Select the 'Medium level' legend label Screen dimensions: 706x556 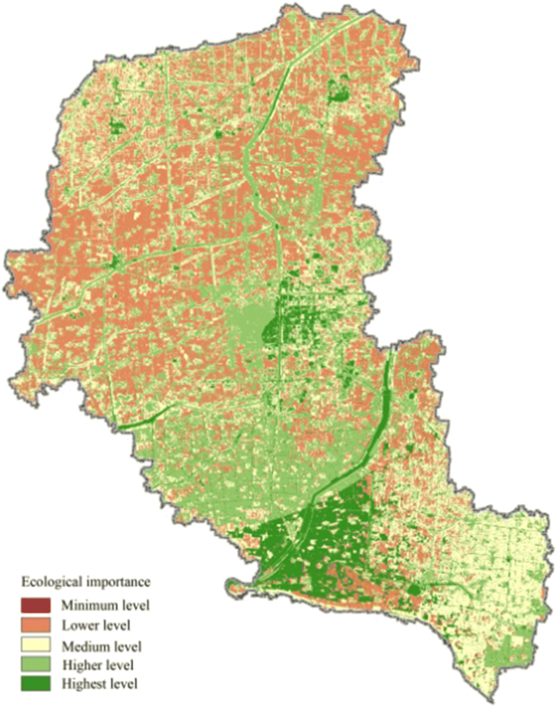coord(101,647)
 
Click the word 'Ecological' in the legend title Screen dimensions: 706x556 coord(50,583)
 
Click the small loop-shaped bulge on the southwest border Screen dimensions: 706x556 coord(235,585)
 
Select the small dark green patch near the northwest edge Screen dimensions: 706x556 coord(118,126)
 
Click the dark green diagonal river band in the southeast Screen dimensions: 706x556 coord(369,443)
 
